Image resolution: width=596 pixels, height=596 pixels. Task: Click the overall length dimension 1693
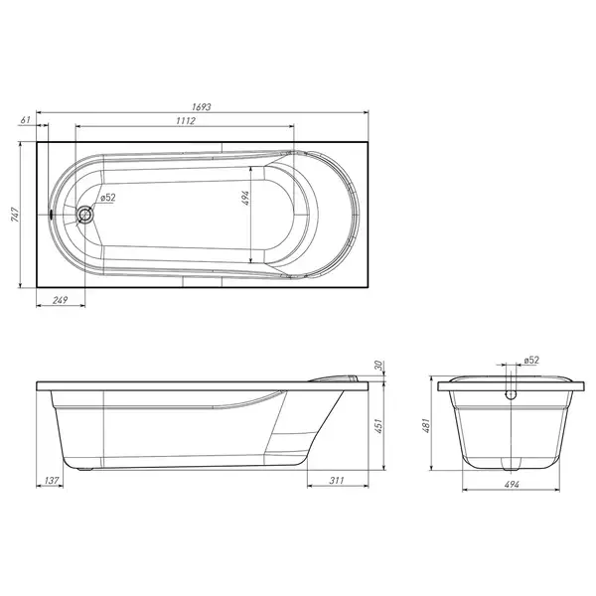(x=201, y=107)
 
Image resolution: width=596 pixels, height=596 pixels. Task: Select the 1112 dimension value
(x=186, y=121)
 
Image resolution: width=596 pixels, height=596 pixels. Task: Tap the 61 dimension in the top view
(x=25, y=120)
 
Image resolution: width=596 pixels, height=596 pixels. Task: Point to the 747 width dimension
(x=15, y=215)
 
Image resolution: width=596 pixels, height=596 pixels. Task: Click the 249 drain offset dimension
(x=60, y=300)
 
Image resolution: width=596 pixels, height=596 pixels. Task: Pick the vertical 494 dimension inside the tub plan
(x=245, y=198)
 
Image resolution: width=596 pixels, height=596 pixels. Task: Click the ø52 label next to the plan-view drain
(x=108, y=198)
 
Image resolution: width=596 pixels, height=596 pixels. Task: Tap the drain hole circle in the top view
(x=84, y=215)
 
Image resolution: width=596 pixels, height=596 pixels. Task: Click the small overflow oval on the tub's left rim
(x=52, y=215)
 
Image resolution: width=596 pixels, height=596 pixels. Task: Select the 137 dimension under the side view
(x=52, y=481)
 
